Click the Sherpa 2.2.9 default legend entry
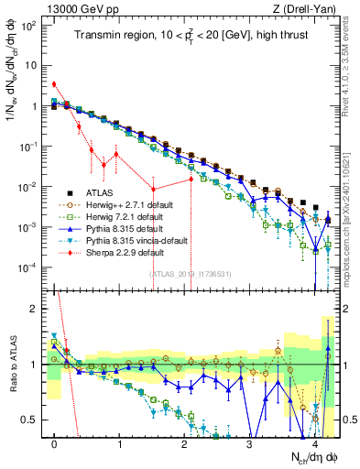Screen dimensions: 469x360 pyautogui.click(x=122, y=262)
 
